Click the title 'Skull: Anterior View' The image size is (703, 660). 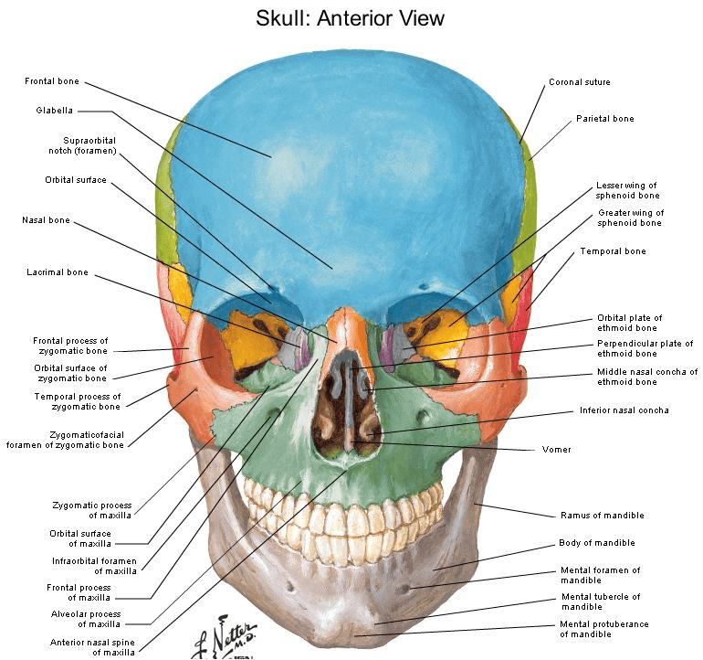pos(350,18)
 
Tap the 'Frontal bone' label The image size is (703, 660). pos(52,81)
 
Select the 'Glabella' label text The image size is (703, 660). pos(54,111)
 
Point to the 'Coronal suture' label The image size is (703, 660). pos(580,82)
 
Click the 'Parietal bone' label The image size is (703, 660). pos(605,119)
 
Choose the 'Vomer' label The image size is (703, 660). pos(556,450)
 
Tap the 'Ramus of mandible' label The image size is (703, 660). pos(603,516)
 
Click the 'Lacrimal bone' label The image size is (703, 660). pos(58,272)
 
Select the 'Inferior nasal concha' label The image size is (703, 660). pos(624,410)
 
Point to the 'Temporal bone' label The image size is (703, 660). pos(613,251)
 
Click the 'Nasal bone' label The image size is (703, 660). pos(47,220)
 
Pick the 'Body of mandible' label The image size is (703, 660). pos(597,543)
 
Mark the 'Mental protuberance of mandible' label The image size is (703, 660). pos(603,629)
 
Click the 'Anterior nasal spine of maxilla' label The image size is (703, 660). pos(92,647)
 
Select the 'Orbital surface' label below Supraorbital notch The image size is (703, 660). pos(76,180)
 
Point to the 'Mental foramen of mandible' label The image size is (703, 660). pos(601,575)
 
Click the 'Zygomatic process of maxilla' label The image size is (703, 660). pos(92,510)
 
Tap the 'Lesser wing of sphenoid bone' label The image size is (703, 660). pos(627,190)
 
